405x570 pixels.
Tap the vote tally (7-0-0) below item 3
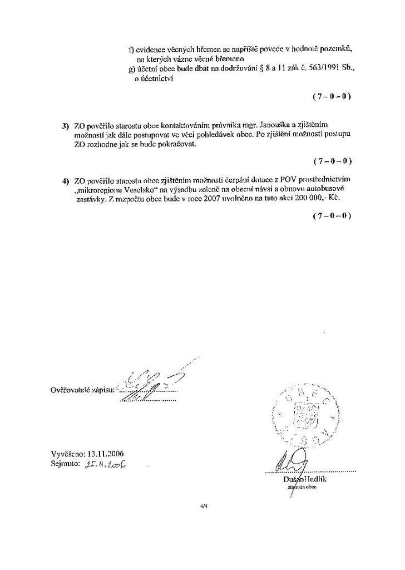[332, 161]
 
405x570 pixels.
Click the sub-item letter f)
[131, 50]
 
